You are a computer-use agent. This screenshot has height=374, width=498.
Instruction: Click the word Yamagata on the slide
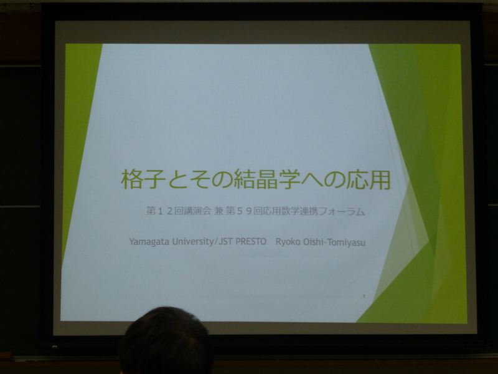[x=149, y=242]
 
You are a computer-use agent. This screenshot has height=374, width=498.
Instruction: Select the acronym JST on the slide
[x=225, y=241]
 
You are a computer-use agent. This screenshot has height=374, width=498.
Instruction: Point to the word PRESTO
[x=251, y=242]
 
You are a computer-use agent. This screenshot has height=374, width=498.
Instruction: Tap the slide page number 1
[x=364, y=297]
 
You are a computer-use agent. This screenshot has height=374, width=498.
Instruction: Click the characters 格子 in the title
[x=143, y=180]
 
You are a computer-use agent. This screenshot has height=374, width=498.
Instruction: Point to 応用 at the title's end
[x=369, y=180]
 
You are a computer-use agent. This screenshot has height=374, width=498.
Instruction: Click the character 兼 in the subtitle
[x=218, y=211]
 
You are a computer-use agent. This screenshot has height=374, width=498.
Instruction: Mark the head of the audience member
[x=166, y=341]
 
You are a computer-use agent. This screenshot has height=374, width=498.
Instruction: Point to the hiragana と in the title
[x=178, y=180]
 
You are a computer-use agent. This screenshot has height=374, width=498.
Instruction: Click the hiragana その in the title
[x=210, y=180]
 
